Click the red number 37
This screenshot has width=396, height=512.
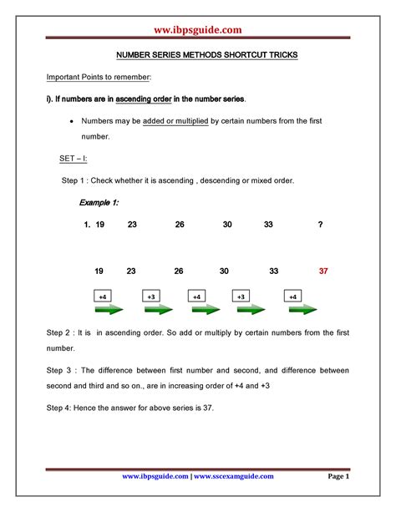click(x=323, y=271)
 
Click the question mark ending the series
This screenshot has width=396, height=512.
click(x=321, y=225)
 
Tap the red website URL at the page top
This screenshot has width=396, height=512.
click(x=198, y=30)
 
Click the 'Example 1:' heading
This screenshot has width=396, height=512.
click(x=99, y=202)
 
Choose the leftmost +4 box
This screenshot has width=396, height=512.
click(x=103, y=296)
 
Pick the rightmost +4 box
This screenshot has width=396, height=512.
click(x=292, y=296)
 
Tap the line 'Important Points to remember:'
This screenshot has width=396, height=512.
click(x=98, y=77)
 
